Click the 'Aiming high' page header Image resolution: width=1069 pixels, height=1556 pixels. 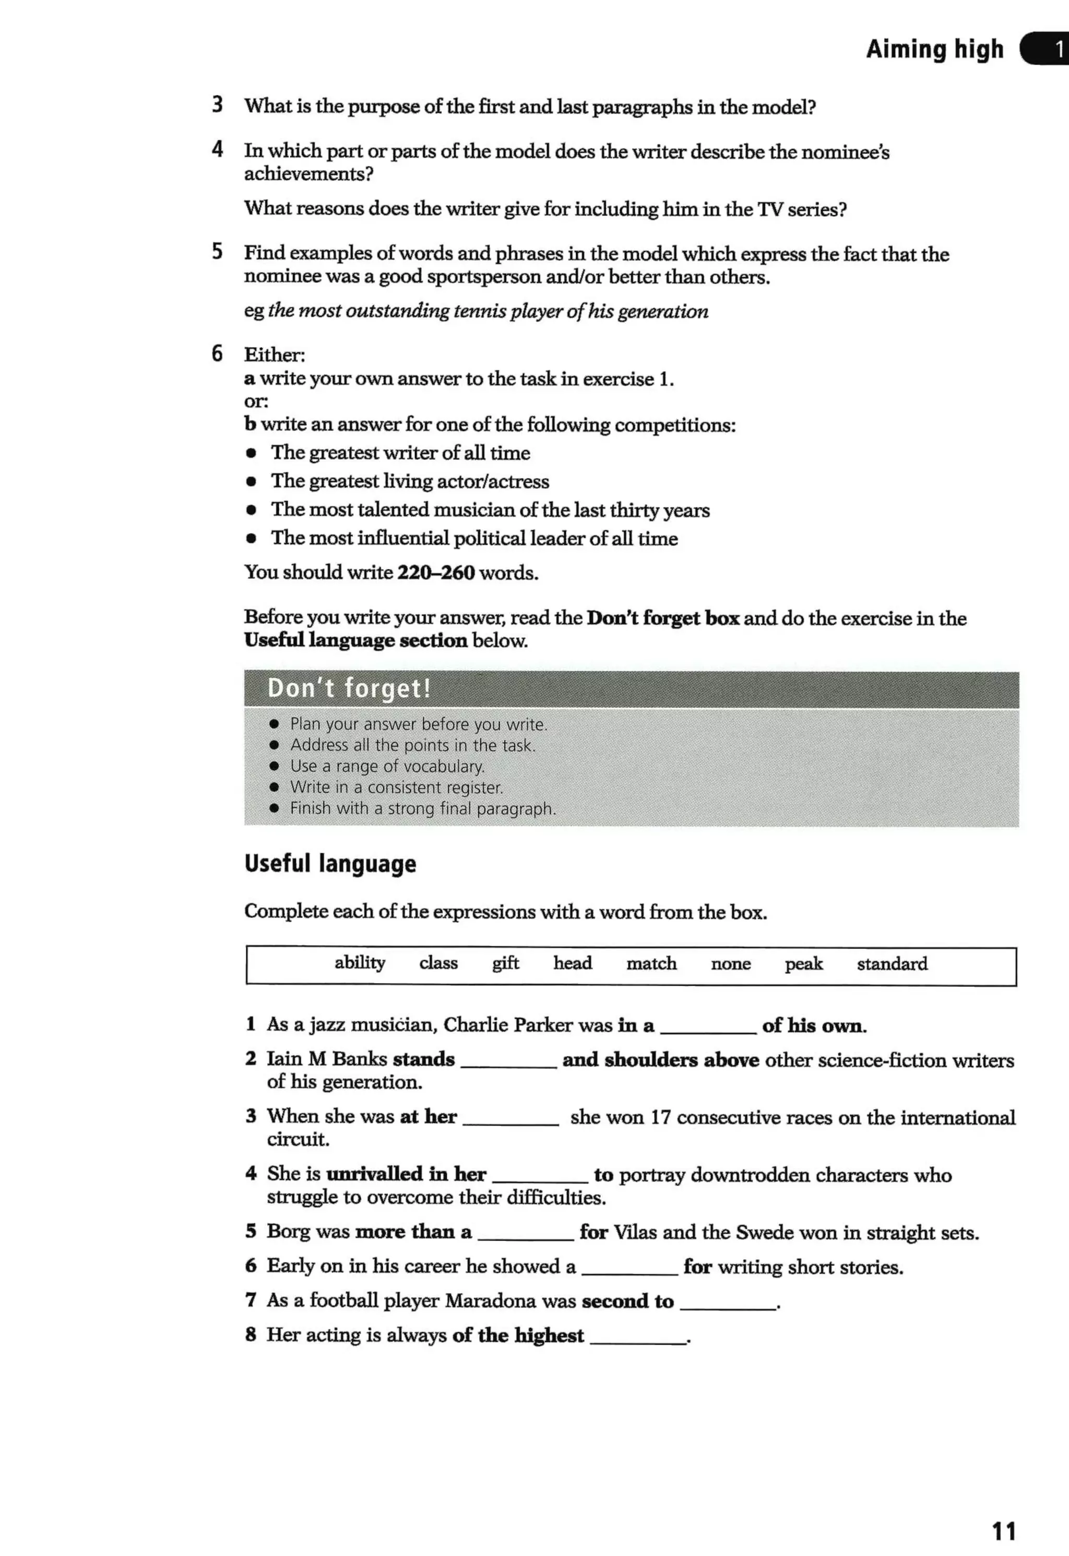tap(934, 49)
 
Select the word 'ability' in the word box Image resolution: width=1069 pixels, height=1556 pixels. tap(360, 963)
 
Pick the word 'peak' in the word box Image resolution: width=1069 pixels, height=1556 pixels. tap(803, 964)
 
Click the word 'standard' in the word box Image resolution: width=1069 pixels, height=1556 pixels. tap(892, 964)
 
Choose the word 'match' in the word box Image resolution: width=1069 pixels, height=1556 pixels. tap(651, 964)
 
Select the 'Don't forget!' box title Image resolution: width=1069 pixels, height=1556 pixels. tap(349, 688)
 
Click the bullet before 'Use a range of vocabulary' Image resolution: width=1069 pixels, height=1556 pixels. tap(274, 766)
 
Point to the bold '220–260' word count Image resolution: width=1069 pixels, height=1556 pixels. tap(435, 572)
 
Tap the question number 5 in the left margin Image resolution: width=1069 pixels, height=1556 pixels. tap(217, 252)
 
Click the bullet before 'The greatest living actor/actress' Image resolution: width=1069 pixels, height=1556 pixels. tap(251, 481)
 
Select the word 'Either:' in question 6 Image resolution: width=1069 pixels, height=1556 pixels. tap(274, 355)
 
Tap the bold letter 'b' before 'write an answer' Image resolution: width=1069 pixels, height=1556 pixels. tap(250, 424)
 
